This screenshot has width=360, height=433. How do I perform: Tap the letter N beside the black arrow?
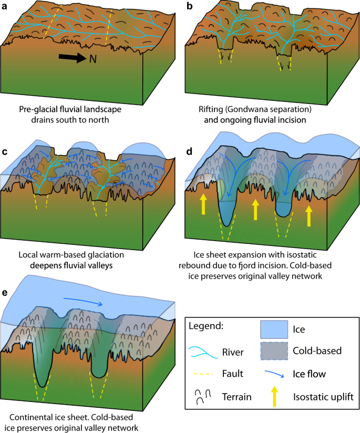[92, 59]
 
